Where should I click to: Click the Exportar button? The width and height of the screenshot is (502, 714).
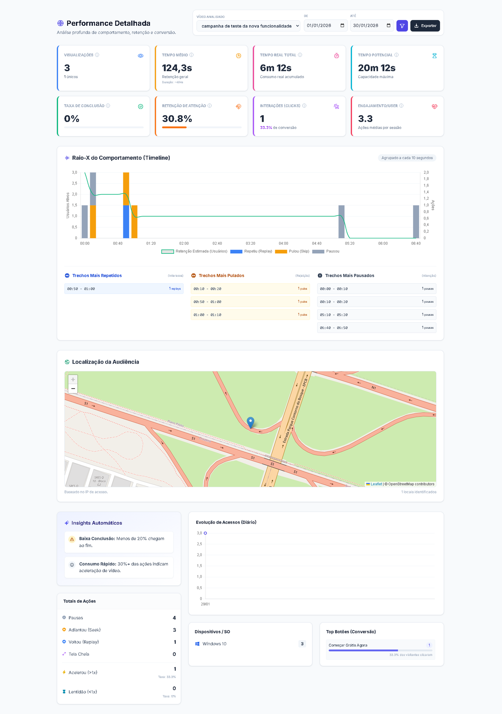tap(425, 26)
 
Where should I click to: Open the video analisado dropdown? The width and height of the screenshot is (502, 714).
tap(248, 26)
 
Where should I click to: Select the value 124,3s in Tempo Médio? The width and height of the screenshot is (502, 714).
tap(177, 68)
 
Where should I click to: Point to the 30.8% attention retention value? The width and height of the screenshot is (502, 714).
tap(177, 119)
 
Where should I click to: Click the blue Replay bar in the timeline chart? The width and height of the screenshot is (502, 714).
tap(126, 221)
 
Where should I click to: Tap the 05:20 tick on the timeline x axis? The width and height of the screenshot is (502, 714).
tap(350, 243)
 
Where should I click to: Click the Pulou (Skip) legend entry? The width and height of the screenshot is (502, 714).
tap(292, 251)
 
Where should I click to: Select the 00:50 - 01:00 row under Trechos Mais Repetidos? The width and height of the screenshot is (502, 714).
tap(124, 289)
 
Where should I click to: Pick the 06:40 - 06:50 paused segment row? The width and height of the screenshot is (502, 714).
tap(376, 328)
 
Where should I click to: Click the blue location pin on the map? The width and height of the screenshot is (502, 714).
tap(250, 422)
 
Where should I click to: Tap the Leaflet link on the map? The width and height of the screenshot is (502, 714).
tap(376, 484)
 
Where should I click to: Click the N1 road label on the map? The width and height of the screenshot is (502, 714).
tap(373, 388)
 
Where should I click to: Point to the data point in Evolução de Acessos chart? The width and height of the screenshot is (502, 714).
tap(205, 533)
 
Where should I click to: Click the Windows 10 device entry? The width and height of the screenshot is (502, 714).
tap(214, 644)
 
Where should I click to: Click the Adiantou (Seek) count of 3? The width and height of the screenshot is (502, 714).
tap(174, 630)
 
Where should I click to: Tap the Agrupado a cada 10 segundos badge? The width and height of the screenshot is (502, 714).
tap(407, 158)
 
